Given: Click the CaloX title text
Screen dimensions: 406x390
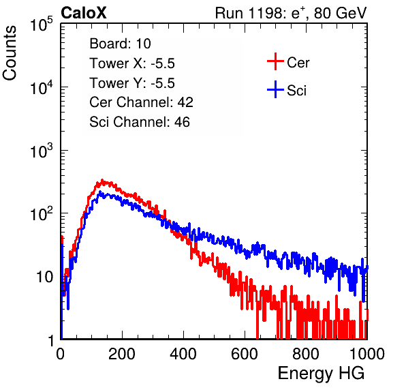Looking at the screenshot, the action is pyautogui.click(x=84, y=13).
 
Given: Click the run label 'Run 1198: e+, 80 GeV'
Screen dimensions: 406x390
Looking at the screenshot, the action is pyautogui.click(x=291, y=13).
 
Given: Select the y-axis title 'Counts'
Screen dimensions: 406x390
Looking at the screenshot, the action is pyautogui.click(x=10, y=53).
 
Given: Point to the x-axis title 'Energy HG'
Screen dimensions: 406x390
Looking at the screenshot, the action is pyautogui.click(x=321, y=374).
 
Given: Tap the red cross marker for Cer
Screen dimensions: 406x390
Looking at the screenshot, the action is pyautogui.click(x=275, y=61).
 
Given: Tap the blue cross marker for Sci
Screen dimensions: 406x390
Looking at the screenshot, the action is pyautogui.click(x=275, y=90).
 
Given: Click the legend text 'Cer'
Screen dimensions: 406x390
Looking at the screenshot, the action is pyautogui.click(x=298, y=63).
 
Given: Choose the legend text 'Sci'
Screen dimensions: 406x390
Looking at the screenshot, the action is pyautogui.click(x=296, y=91).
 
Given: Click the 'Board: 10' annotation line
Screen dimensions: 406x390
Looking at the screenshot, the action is pyautogui.click(x=120, y=44).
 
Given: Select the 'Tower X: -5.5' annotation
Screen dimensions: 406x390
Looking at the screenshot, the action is pyautogui.click(x=132, y=63).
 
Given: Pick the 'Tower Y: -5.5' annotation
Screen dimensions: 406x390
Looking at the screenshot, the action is pyautogui.click(x=132, y=83).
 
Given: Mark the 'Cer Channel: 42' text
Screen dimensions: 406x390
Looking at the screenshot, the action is pyautogui.click(x=141, y=102).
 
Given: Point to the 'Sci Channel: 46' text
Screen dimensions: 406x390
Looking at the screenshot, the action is pyautogui.click(x=140, y=122).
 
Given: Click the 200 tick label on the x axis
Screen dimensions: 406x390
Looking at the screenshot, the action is pyautogui.click(x=122, y=354).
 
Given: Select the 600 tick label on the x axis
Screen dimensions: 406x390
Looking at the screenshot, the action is pyautogui.click(x=245, y=354).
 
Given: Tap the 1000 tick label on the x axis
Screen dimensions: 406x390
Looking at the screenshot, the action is pyautogui.click(x=367, y=354).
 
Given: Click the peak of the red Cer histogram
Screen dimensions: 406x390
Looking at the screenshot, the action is pyautogui.click(x=102, y=180).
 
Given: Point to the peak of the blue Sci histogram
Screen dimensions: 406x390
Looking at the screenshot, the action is pyautogui.click(x=100, y=192).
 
